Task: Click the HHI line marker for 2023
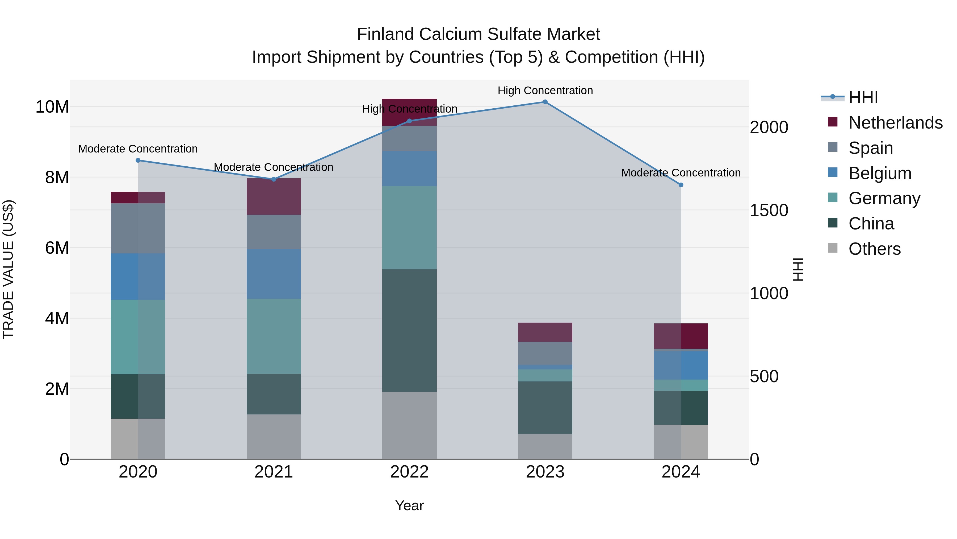[x=545, y=102]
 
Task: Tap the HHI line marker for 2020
[x=138, y=160]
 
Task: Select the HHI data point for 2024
[x=681, y=185]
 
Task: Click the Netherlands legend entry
[x=895, y=123]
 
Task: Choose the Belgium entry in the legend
[x=880, y=173]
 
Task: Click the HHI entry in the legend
[x=863, y=97]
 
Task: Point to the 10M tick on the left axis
[x=52, y=107]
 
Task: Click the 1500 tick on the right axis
[x=769, y=211]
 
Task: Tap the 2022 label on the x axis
[x=409, y=472]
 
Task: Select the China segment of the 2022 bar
[x=409, y=330]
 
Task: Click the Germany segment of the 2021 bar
[x=274, y=336]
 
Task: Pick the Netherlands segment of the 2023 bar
[x=545, y=332]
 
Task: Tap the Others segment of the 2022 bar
[x=409, y=425]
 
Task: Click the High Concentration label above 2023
[x=545, y=90]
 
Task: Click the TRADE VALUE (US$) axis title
[x=8, y=269]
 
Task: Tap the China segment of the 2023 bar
[x=545, y=408]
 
